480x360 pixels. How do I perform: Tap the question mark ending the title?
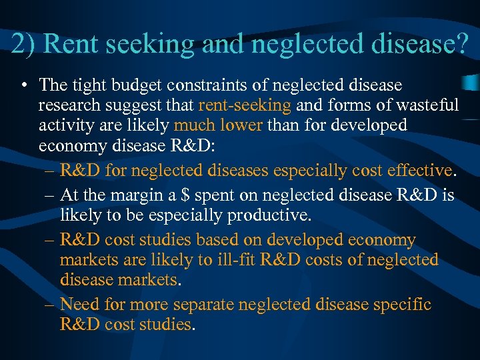[461, 44]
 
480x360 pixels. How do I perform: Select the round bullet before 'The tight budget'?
[23, 86]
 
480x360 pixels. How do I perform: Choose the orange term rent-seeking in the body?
[245, 106]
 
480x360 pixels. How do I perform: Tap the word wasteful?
[424, 105]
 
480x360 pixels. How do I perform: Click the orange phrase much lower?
[218, 125]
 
